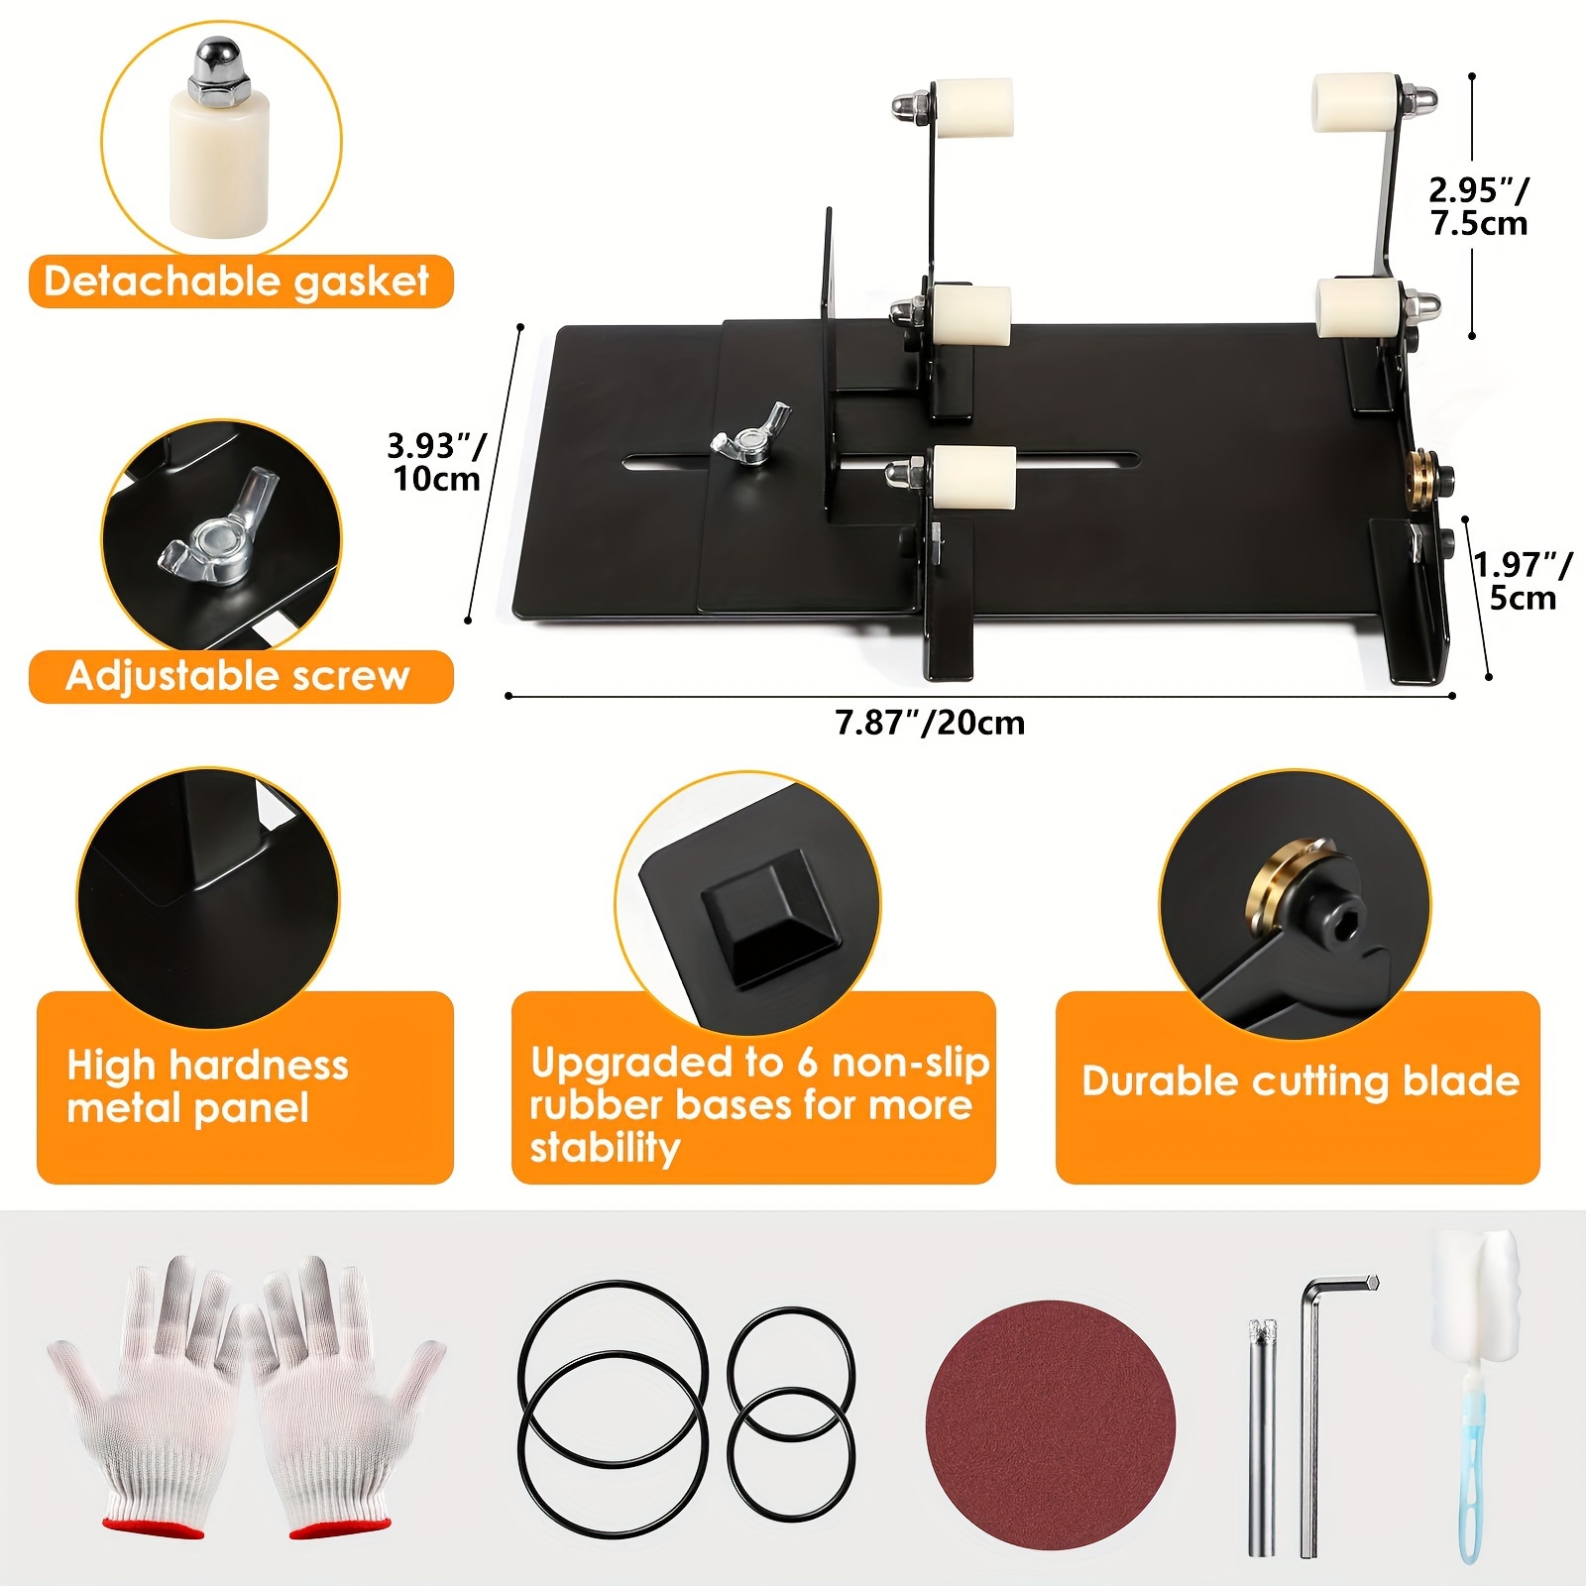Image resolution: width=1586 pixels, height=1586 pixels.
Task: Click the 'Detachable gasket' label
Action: coord(237,282)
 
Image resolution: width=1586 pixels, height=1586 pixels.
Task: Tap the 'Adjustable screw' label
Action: coord(238,676)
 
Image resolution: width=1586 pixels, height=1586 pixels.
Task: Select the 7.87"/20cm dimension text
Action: coord(930,723)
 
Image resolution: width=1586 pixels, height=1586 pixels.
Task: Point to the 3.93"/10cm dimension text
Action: coord(435,462)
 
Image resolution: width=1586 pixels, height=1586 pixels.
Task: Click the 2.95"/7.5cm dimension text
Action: coord(1478,206)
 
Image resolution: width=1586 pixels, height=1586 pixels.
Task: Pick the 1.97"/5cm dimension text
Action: coord(1522,581)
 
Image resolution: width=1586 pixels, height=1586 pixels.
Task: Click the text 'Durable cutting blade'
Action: coord(1300,1081)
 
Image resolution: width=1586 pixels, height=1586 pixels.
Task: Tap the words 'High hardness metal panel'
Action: coord(207,1086)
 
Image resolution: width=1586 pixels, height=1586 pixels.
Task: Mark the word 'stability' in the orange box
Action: coord(605,1148)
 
